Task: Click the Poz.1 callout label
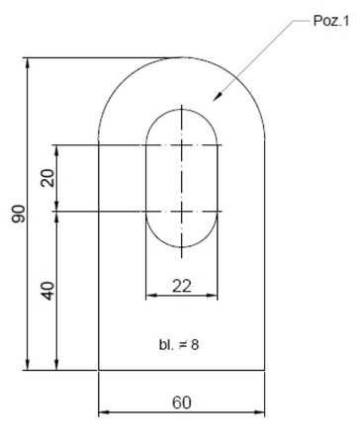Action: tap(330, 21)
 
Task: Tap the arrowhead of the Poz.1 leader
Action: tap(217, 96)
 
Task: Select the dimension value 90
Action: tap(19, 214)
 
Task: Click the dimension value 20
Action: tap(48, 178)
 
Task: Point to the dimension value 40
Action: tap(48, 291)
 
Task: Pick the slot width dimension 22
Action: tap(182, 286)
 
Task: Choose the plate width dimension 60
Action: tap(182, 402)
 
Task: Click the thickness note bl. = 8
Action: tap(179, 345)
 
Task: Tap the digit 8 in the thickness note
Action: tap(195, 345)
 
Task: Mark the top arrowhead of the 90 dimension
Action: tap(28, 63)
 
